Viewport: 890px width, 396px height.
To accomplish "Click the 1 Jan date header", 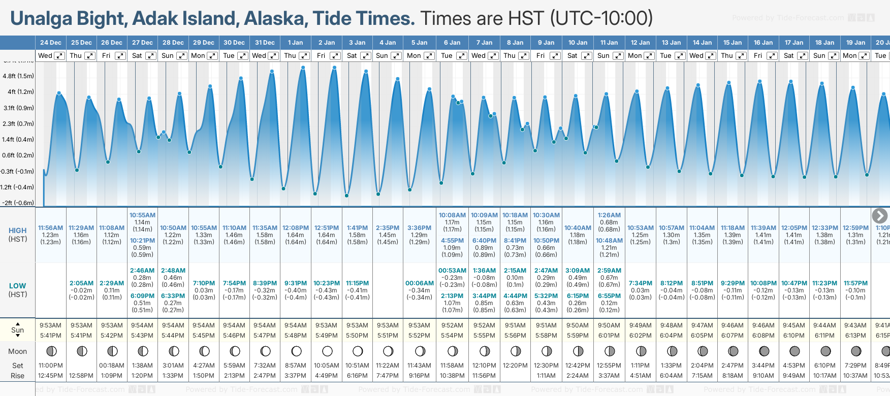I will coord(295,43).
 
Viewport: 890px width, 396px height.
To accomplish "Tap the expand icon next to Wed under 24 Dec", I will coord(59,56).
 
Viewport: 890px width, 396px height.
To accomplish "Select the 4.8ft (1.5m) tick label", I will coord(18,76).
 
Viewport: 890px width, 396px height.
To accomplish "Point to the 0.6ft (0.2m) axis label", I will coord(18,155).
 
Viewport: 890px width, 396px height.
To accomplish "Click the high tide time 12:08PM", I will coord(296,228).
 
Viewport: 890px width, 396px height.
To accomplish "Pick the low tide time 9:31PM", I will coord(296,283).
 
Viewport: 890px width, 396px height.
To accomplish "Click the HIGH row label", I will coord(18,230).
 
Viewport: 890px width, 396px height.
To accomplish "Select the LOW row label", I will coord(18,286).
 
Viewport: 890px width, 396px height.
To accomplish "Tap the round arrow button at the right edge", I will coord(879,216).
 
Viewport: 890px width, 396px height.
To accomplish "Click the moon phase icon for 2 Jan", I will coord(327,351).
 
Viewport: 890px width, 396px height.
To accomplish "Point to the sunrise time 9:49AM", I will coord(640,325).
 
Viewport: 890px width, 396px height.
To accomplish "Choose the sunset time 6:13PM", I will coord(855,336).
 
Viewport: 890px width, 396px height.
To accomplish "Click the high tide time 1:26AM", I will coord(609,215).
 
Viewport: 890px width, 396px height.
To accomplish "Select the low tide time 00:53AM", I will coord(452,271).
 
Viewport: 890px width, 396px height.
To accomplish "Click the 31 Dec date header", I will coord(265,43).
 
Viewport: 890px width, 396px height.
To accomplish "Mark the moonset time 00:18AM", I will coord(112,366).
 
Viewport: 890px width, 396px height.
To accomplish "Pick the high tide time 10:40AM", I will coord(578,228).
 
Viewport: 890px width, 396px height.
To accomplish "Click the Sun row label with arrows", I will coord(18,330).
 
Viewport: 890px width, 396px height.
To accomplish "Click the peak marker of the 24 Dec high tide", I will coord(59,93).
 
